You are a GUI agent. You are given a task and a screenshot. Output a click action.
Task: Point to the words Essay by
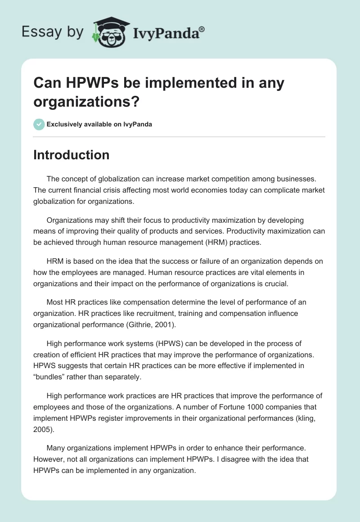pos(53,32)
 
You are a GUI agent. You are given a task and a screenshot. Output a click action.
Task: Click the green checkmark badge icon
pos(39,124)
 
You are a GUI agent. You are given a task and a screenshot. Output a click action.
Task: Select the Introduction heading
pos(71,155)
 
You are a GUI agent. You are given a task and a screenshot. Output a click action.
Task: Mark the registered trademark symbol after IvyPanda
pos(202,29)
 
